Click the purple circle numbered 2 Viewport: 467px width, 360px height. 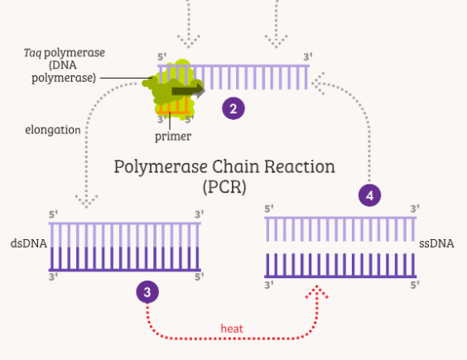[233, 108]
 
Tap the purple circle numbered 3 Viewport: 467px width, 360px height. [147, 291]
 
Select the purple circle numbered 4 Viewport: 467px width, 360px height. [370, 195]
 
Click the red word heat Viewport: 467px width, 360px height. [232, 329]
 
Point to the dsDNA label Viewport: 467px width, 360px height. [26, 244]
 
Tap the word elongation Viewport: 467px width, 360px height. [52, 130]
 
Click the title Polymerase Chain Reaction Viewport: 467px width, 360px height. [224, 166]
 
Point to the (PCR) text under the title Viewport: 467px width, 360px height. [224, 186]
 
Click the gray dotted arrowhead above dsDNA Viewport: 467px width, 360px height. [87, 200]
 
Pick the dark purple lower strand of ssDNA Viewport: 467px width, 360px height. [340, 266]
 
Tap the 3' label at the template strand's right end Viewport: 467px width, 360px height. [308, 57]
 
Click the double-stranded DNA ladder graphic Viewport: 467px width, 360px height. [125, 246]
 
